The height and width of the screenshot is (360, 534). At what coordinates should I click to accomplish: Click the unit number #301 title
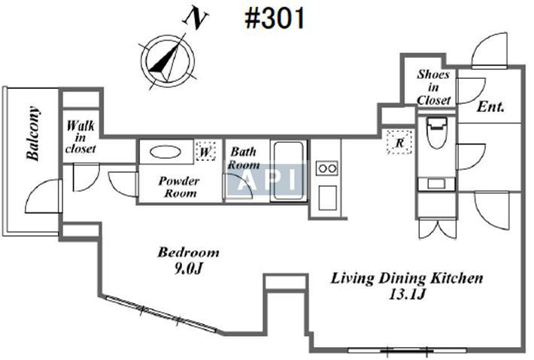coord(275,18)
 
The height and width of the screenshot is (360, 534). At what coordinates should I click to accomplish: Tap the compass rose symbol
coord(168,61)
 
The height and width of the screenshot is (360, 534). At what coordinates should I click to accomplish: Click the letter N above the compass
coord(195,19)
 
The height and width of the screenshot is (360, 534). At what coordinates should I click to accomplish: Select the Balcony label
coord(33,133)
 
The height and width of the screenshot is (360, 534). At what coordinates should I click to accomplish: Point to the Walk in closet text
coord(80,137)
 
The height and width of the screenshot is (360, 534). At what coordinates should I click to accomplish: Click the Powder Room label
coord(179,187)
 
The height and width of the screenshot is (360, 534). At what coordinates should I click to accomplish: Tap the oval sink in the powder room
coord(165,152)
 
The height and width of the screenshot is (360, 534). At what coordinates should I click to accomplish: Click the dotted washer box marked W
coord(205,151)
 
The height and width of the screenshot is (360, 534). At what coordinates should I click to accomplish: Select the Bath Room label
coord(244,158)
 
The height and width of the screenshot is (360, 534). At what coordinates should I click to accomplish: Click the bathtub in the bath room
coord(289,171)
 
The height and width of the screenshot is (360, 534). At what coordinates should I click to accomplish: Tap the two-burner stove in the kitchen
coord(327,168)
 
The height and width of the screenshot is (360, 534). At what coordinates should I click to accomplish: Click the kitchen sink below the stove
coord(328,198)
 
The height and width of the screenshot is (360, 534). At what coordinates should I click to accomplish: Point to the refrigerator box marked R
coord(399,142)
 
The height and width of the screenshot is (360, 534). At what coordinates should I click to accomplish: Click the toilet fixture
coord(436,132)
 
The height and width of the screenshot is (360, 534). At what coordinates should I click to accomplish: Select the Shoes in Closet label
coord(433,87)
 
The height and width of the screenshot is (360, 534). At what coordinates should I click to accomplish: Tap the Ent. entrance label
coord(490,107)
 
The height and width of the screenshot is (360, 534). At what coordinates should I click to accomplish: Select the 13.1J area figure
coord(407,294)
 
